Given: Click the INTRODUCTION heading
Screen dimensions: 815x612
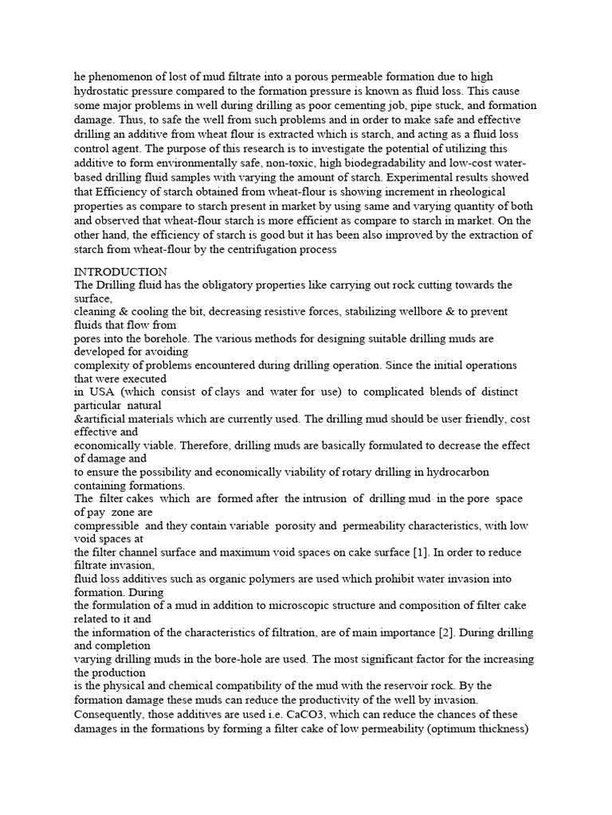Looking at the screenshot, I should [x=120, y=271].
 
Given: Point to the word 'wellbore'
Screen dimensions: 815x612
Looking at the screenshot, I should [x=445, y=312].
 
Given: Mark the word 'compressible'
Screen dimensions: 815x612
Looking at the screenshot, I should [x=108, y=526].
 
